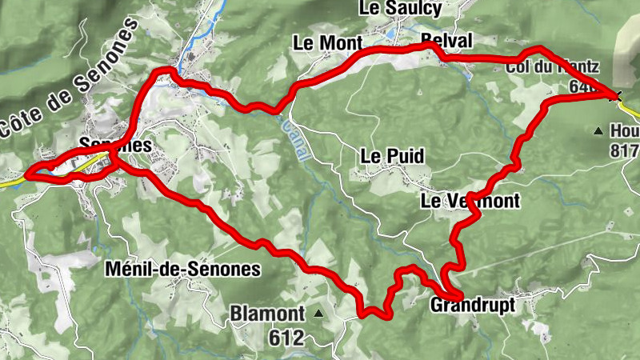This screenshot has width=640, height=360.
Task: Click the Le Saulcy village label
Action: tap(401, 9)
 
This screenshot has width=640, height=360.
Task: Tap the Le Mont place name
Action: tap(328, 42)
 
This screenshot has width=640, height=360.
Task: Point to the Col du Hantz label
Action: tap(553, 67)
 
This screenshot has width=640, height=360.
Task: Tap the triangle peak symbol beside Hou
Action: tap(598, 130)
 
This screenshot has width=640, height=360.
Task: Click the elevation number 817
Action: tap(623, 150)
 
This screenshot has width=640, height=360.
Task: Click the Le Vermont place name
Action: tap(470, 201)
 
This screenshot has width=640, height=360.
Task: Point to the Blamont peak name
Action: tap(267, 313)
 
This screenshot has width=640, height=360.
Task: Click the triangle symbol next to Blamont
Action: tap(318, 313)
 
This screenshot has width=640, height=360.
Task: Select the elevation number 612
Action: tap(286, 338)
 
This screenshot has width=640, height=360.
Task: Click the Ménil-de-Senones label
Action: tap(183, 270)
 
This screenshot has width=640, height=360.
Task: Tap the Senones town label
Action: tap(115, 145)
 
